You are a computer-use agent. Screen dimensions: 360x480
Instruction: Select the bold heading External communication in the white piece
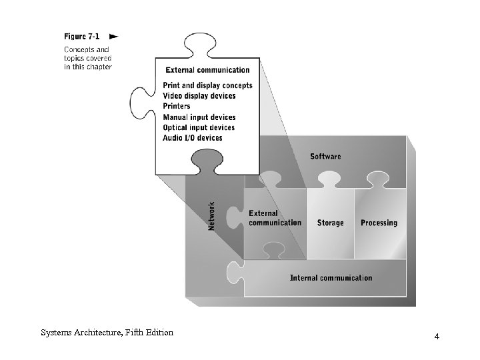pos(207,70)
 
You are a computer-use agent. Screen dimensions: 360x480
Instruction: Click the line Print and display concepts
pos(207,85)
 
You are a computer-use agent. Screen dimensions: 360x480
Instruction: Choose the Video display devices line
pos(199,96)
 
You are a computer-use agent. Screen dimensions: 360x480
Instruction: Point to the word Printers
pos(177,106)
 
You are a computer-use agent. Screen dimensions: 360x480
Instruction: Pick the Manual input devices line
pos(199,117)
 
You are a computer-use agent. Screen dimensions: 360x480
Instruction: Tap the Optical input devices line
pos(199,127)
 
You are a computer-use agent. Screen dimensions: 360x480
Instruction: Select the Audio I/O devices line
pos(193,138)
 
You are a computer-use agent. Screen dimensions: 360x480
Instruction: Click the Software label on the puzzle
pos(325,157)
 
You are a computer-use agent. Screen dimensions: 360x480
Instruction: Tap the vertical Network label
pos(212,216)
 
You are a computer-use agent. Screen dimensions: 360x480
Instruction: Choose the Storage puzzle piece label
pos(330,223)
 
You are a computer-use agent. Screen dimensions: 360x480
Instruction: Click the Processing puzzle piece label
pos(379,223)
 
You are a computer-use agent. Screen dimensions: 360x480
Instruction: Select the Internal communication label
pos(331,278)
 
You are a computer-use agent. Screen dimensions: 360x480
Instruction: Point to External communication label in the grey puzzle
pos(275,218)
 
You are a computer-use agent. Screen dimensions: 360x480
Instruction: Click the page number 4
pos(437,337)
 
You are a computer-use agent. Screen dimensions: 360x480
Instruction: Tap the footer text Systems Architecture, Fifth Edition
pos(107,333)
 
